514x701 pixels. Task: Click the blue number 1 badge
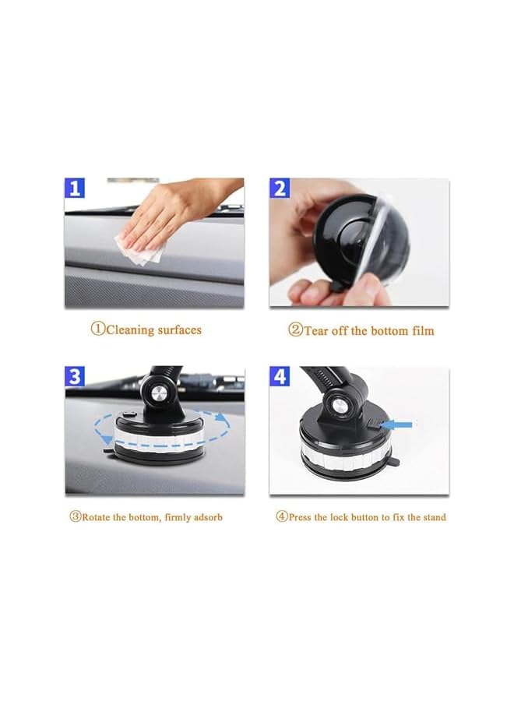coord(76,189)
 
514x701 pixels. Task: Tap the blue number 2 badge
coord(280,189)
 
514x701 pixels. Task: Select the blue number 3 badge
coord(76,378)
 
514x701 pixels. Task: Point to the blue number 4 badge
coord(280,378)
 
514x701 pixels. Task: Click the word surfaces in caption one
coord(178,329)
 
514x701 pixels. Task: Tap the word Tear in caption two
coord(316,330)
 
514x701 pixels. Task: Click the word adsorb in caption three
coord(206,517)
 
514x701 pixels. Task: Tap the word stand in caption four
coord(433,517)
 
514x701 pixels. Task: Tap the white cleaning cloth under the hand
coord(143,247)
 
